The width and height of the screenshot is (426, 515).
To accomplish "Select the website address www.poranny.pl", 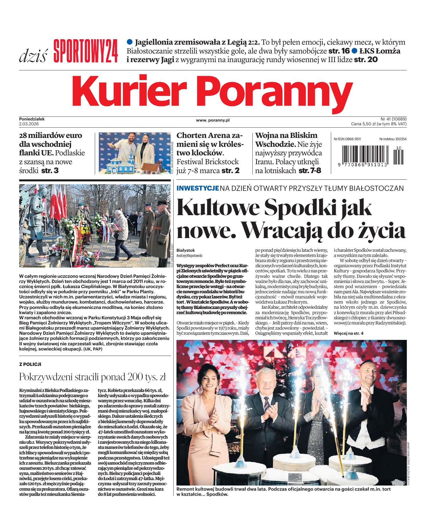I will coord(213,120).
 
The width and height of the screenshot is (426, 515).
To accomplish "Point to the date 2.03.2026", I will coord(29,124).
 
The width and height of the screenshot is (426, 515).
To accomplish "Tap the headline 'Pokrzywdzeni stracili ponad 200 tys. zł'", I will coord(93,377).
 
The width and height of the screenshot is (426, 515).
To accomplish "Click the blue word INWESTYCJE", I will coord(198,188).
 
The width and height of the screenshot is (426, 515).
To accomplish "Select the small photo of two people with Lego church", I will coord(134,153).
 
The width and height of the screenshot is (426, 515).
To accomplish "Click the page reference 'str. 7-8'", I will coord(310,171).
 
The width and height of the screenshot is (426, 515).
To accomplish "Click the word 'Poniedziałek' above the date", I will coord(32,119).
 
